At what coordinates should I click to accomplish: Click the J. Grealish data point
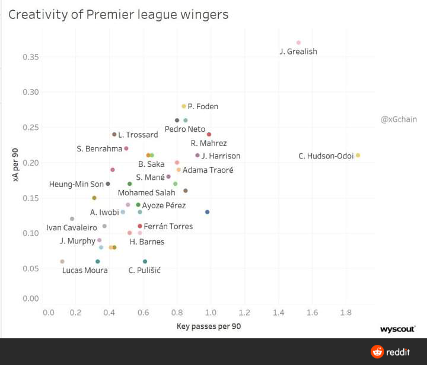tap(298, 43)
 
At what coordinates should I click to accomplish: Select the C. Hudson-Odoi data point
tap(358, 155)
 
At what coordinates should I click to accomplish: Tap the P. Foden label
tap(203, 107)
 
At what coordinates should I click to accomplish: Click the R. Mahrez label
tap(209, 143)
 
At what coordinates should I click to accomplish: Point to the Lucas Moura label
tap(85, 271)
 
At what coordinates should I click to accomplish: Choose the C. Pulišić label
tap(144, 271)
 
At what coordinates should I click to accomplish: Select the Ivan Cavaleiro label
tap(72, 228)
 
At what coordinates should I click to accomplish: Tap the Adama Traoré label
tap(208, 170)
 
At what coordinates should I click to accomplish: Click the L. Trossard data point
tap(114, 135)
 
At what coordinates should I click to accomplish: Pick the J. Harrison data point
tap(197, 155)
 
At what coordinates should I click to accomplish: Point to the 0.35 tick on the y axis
tap(30, 57)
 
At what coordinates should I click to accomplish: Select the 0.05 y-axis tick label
tap(30, 268)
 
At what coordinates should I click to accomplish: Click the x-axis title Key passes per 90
tap(209, 326)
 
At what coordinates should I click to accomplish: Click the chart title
tap(118, 14)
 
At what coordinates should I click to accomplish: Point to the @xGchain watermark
tap(399, 119)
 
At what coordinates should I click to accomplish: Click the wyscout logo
tap(397, 328)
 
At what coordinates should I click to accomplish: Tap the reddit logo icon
tap(377, 352)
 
